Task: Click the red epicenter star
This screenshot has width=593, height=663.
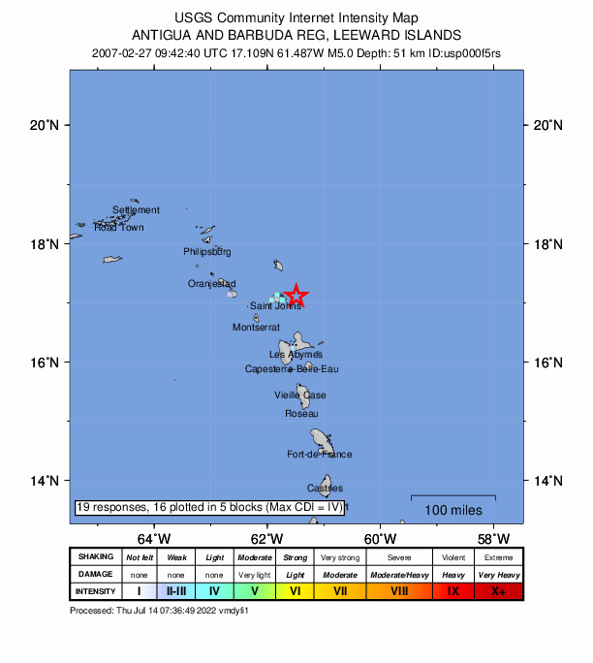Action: (x=296, y=296)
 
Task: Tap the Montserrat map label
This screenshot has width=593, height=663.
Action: (x=256, y=328)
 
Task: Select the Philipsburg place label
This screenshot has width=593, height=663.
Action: (x=207, y=252)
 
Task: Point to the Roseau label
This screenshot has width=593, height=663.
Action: (x=301, y=414)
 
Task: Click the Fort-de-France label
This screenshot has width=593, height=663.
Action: (x=320, y=455)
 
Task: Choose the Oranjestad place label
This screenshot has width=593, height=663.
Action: (x=211, y=284)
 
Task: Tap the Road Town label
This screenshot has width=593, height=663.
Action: (x=119, y=228)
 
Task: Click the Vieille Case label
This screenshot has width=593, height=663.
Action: (x=299, y=395)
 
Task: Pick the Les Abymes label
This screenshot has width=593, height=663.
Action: (x=296, y=355)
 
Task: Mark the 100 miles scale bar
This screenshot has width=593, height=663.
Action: (x=453, y=497)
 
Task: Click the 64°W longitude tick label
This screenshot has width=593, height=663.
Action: (x=153, y=539)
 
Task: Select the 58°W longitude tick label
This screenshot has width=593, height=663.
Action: (x=494, y=539)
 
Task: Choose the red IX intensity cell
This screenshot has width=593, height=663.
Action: (x=453, y=590)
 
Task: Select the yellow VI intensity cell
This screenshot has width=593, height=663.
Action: (x=295, y=590)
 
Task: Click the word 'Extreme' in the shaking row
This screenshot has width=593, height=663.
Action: (x=500, y=557)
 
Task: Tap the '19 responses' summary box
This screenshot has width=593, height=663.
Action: (x=209, y=507)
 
